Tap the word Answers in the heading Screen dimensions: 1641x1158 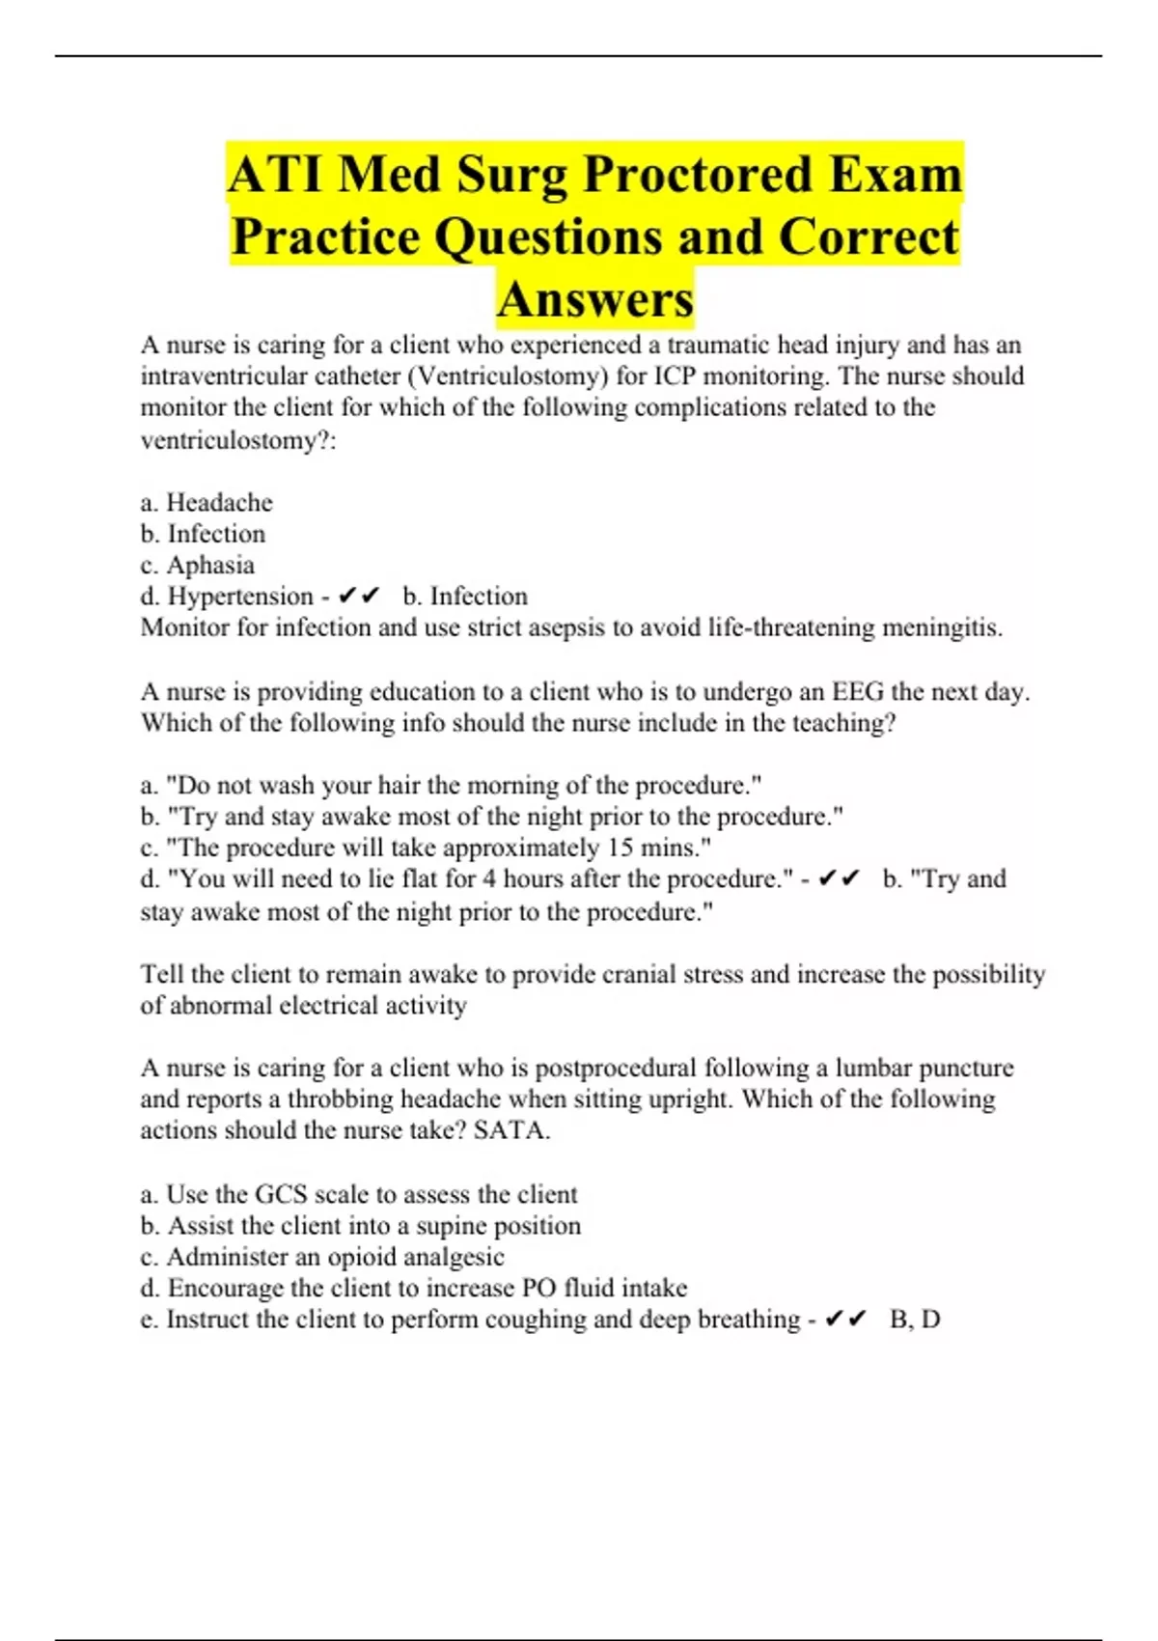point(595,299)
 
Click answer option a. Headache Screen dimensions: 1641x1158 point(207,502)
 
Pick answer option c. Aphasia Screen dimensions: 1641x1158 point(198,565)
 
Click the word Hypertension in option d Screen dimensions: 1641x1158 point(240,597)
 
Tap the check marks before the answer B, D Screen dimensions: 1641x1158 point(846,1319)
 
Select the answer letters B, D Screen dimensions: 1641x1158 point(915,1319)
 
